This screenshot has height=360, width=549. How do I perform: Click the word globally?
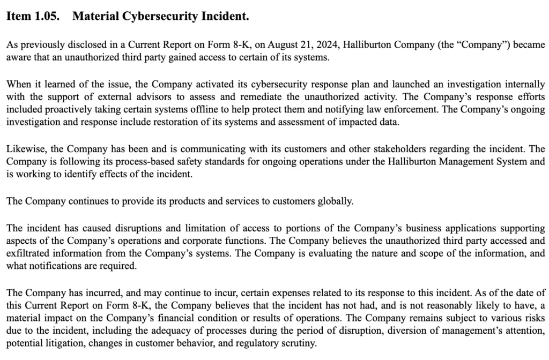(x=336, y=201)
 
